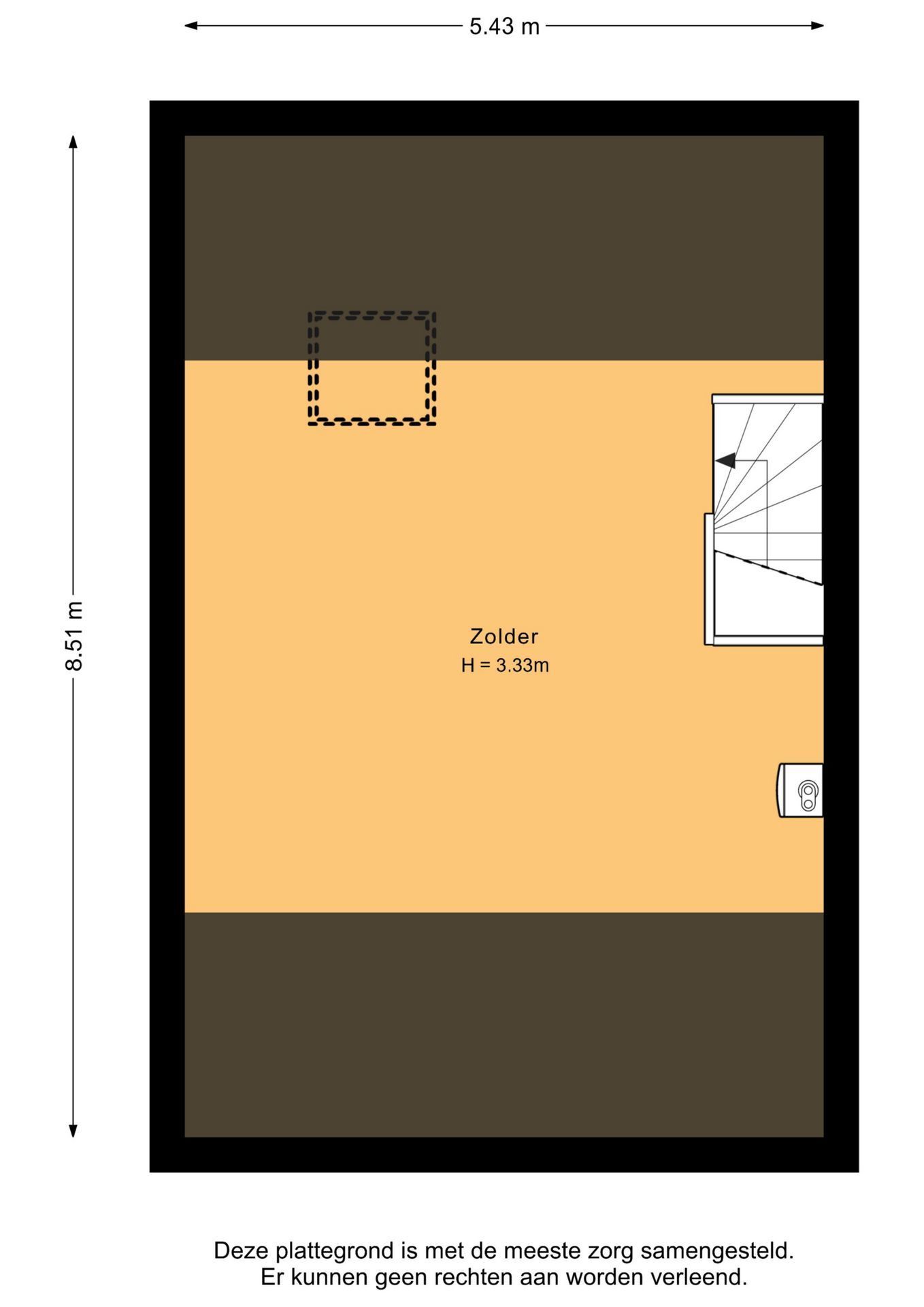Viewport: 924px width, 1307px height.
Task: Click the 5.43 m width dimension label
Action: click(x=504, y=27)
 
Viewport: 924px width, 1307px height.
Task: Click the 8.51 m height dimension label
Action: click(x=73, y=636)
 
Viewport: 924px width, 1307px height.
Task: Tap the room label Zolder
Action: click(x=504, y=636)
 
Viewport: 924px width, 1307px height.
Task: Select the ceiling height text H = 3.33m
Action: click(x=505, y=665)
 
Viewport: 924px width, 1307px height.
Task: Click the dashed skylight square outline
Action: click(x=372, y=314)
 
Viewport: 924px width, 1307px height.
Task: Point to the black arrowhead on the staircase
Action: click(x=725, y=461)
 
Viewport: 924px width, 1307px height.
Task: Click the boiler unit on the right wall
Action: click(x=800, y=790)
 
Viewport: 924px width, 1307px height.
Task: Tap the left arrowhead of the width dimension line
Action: click(x=191, y=26)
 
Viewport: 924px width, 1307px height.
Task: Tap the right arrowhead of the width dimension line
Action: click(x=817, y=26)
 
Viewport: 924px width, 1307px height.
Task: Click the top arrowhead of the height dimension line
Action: click(x=73, y=142)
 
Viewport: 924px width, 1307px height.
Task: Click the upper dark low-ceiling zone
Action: click(x=504, y=248)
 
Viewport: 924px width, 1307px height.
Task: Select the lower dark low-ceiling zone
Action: click(x=504, y=1024)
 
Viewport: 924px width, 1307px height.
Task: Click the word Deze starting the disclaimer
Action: click(x=242, y=1251)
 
